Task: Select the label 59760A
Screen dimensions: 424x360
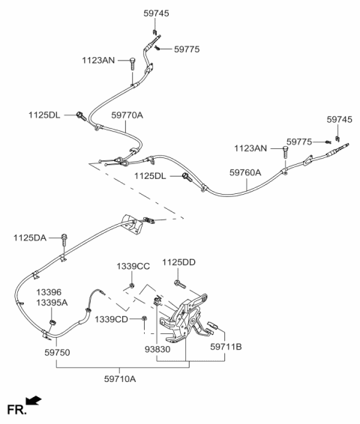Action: (245, 172)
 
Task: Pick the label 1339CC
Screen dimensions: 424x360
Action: (132, 267)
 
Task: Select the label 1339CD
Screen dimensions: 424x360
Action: (110, 320)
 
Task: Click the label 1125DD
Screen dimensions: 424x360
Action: (178, 262)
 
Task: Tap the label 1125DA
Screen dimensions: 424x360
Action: (29, 237)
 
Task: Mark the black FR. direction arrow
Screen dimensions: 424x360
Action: (34, 402)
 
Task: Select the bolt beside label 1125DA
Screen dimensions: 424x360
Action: (65, 240)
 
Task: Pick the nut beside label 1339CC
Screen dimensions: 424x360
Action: (131, 285)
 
